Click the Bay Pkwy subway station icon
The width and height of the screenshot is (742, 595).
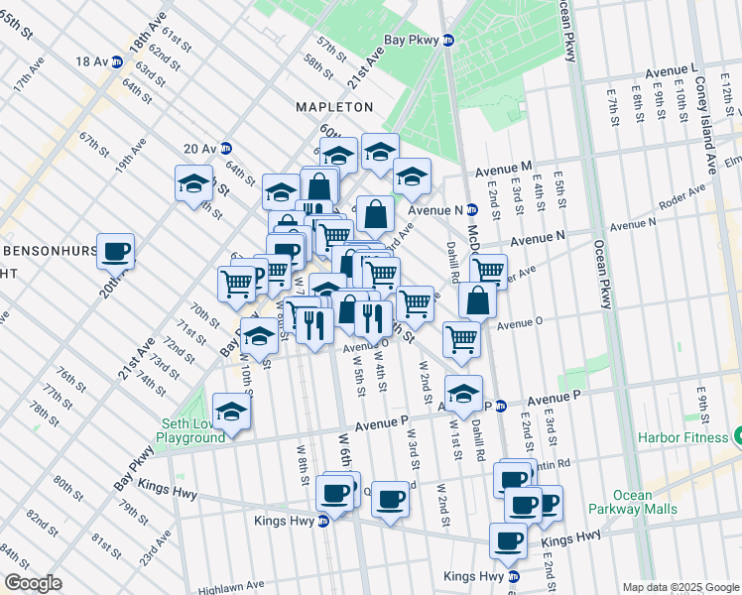coord(447,42)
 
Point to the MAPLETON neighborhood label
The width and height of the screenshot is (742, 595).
coord(334,106)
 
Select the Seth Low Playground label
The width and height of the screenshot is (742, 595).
coord(192,430)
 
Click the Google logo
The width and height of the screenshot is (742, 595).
coord(33,582)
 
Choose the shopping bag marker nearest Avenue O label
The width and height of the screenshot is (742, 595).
coord(477,299)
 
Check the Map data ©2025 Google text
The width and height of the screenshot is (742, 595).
coord(680,587)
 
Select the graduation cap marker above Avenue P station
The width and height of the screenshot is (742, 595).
coord(462,393)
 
